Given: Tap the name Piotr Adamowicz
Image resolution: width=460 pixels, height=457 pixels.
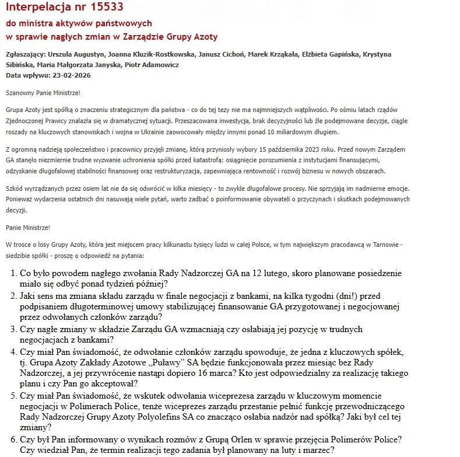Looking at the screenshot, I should (x=152, y=65).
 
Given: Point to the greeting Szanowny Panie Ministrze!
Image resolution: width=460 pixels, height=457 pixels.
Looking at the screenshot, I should (x=43, y=92).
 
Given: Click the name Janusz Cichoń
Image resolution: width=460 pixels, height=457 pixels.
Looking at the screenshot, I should (x=217, y=54).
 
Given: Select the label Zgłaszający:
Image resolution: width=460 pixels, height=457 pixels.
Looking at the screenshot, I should (x=23, y=54).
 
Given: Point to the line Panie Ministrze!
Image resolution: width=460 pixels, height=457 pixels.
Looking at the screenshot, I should (x=28, y=227).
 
